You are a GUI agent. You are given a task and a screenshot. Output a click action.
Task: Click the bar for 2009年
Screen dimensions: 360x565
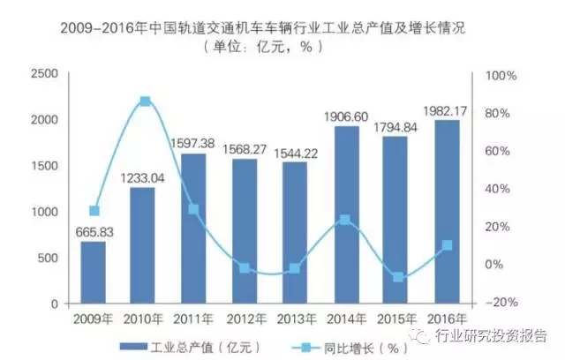pyautogui.click(x=93, y=273)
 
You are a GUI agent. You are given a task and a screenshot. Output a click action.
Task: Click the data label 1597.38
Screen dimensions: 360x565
pyautogui.click(x=192, y=143)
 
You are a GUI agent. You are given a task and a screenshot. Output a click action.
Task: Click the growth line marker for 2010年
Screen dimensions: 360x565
pyautogui.click(x=145, y=101)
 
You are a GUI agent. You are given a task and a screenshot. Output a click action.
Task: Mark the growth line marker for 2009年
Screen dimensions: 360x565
pyautogui.click(x=94, y=211)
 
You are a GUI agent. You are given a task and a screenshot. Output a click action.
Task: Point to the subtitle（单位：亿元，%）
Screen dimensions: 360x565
pyautogui.click(x=261, y=48)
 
